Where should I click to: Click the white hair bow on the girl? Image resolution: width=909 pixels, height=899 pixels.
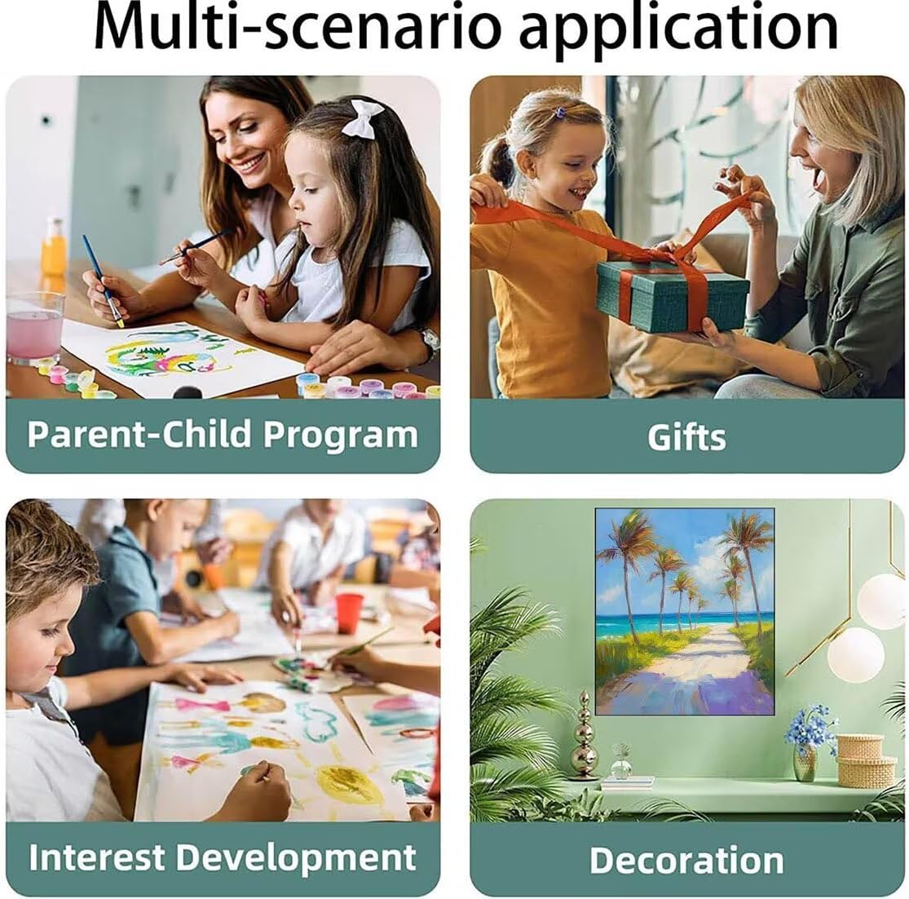coord(362,119)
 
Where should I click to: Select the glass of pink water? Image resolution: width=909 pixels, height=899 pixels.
coord(35,328)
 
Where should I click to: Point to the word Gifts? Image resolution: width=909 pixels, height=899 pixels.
coord(686,437)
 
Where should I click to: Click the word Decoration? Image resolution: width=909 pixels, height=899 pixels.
coord(686,860)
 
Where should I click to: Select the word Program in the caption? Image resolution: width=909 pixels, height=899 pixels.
coord(341,435)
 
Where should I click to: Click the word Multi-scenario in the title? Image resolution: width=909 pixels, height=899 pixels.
coord(298,27)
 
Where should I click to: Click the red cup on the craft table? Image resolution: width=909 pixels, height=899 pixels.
coord(349,613)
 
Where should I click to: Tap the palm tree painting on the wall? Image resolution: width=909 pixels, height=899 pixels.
coord(686,612)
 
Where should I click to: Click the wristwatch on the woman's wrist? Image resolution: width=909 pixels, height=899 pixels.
coord(429,343)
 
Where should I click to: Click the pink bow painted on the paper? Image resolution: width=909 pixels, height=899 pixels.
coord(201,706)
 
